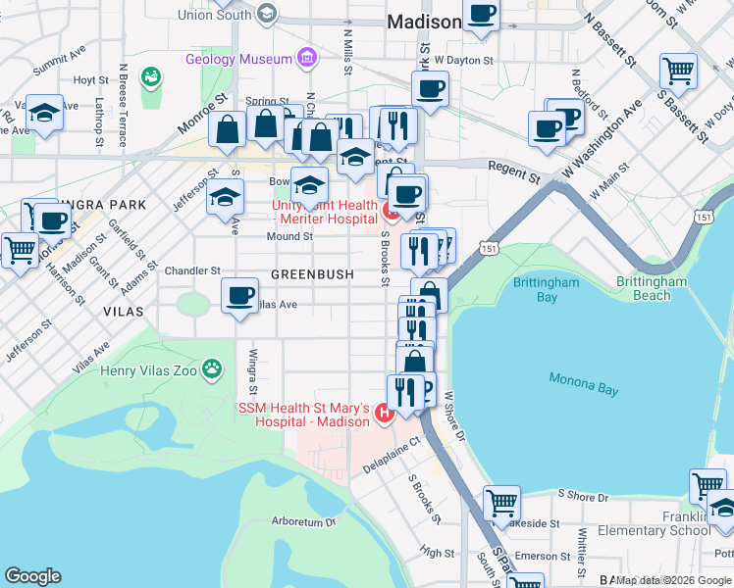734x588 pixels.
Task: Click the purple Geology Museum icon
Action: coord(307,59)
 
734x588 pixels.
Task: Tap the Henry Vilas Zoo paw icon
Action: coord(211,369)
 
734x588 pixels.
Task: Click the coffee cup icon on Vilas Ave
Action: coord(238,295)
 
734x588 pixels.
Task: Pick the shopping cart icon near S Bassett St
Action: coord(678,71)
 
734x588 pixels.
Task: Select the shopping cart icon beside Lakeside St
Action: coord(501,504)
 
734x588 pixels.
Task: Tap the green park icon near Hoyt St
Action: coord(150,75)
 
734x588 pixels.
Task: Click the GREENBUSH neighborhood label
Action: coord(312,274)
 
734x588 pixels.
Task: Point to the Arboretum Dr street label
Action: coord(304,522)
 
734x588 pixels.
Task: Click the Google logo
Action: coord(32,576)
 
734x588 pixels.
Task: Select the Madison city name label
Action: coord(424,22)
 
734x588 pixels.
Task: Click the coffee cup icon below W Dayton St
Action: coord(429,89)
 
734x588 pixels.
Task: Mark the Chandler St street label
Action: coord(192,270)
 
